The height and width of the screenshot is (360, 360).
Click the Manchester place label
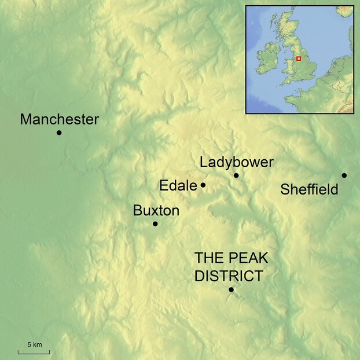[x=59, y=120]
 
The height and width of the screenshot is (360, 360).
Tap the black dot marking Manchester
[x=59, y=133]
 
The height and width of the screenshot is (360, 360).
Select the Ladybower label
[x=236, y=162]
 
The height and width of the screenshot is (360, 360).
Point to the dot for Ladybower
[x=236, y=175]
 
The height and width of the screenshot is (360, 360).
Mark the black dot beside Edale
[x=203, y=185]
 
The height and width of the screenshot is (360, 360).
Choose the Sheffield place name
[x=309, y=189]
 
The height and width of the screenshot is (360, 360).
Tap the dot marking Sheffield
[x=344, y=175]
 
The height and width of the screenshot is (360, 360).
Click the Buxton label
[x=156, y=211]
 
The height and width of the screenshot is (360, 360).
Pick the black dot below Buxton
[x=155, y=224]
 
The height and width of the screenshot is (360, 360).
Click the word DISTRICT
[x=228, y=276]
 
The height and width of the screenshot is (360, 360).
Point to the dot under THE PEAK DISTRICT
[x=231, y=289]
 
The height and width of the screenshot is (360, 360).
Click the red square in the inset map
[x=299, y=58]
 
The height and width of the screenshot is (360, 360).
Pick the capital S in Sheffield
[x=284, y=189]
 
